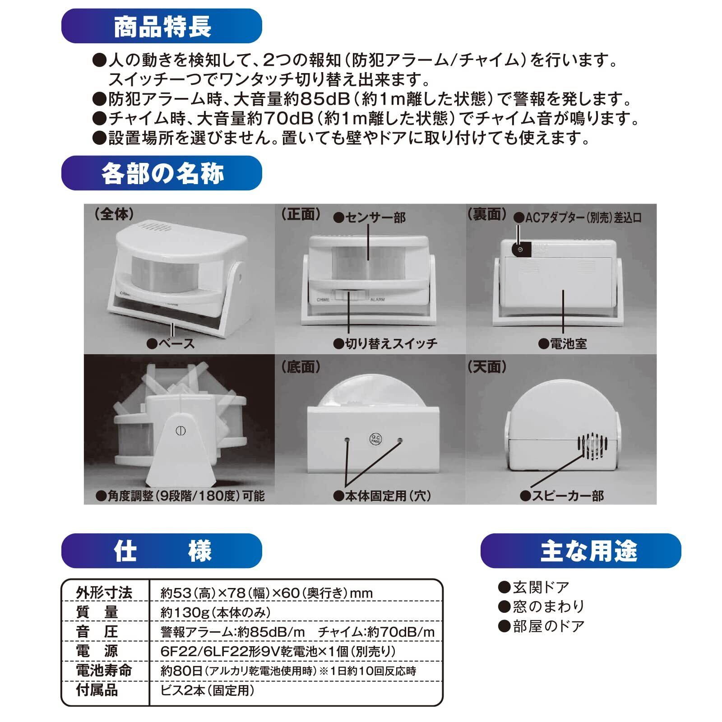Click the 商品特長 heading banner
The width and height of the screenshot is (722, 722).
(162, 27)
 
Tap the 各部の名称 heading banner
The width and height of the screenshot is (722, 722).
(162, 173)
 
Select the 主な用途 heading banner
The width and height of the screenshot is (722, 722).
(581, 551)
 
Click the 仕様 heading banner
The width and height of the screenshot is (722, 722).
(162, 551)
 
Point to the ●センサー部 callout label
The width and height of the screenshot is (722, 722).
(369, 218)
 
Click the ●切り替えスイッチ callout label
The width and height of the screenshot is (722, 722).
(385, 344)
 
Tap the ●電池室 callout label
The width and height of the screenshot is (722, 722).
(563, 344)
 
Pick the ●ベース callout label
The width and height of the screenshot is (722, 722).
(171, 344)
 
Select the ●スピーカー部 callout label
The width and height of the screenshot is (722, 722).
(562, 496)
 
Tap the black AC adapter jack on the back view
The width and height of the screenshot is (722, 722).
(519, 250)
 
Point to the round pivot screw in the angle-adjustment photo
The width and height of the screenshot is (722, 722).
(180, 431)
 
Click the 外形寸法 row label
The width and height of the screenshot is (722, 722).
(104, 592)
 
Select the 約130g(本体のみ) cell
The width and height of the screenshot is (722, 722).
(216, 612)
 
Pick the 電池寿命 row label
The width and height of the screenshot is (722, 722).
(104, 670)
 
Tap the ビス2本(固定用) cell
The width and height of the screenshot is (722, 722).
(208, 690)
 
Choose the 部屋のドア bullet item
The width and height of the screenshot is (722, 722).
(541, 626)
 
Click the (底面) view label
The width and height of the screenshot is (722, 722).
(301, 367)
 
